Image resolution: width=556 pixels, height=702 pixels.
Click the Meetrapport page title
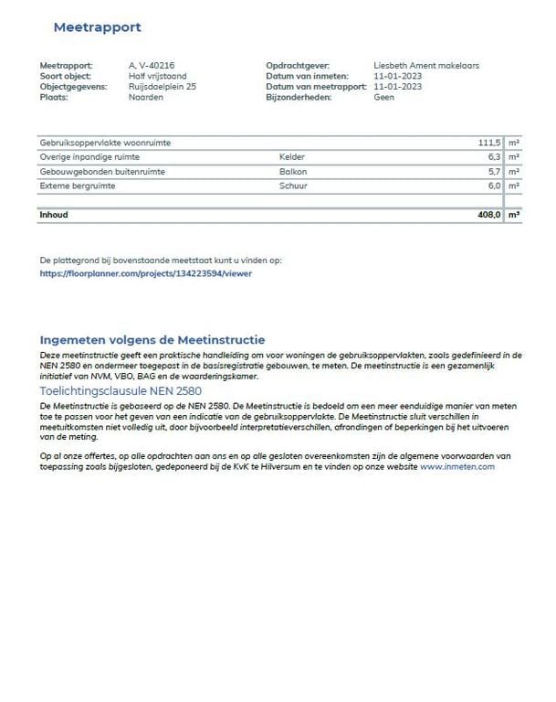[97, 27]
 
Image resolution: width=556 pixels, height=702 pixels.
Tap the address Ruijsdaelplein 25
[163, 86]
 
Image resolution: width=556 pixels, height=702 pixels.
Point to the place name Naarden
[146, 97]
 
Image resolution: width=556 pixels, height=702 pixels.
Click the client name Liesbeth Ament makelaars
[426, 66]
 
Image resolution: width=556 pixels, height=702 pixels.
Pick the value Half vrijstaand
[157, 76]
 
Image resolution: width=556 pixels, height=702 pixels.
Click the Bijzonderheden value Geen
[384, 97]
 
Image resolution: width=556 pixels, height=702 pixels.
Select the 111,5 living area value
[489, 144]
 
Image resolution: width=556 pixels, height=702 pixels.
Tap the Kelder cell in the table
[293, 157]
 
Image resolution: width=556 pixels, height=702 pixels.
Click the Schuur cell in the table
[294, 186]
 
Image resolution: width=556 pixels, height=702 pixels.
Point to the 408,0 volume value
[489, 215]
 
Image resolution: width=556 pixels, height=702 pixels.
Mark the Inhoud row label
[54, 215]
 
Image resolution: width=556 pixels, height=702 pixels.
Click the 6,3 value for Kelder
[494, 157]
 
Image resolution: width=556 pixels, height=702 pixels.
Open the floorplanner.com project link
[146, 272]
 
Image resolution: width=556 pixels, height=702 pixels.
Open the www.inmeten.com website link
[456, 466]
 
